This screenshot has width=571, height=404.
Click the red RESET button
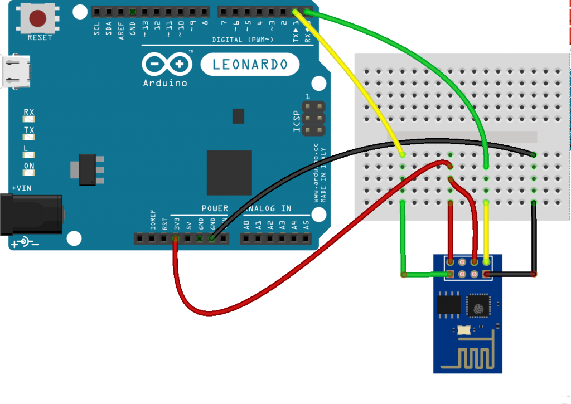point(37,19)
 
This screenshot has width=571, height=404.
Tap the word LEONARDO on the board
point(250,65)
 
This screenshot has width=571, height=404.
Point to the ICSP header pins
point(314,118)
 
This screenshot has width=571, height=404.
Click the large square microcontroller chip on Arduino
point(229,172)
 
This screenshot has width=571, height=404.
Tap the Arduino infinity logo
point(166,65)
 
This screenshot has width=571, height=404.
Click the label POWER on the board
point(215,208)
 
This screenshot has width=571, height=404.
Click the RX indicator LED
point(28,119)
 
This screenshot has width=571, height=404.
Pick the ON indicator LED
point(28,172)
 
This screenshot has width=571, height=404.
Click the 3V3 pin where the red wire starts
point(176,238)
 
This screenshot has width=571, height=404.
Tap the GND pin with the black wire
point(212,238)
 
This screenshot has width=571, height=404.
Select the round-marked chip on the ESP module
point(478,305)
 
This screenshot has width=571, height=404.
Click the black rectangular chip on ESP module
point(448,304)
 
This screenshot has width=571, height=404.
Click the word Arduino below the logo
point(165,83)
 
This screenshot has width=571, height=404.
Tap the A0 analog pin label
point(246,226)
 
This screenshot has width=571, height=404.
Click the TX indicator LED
point(28,137)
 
